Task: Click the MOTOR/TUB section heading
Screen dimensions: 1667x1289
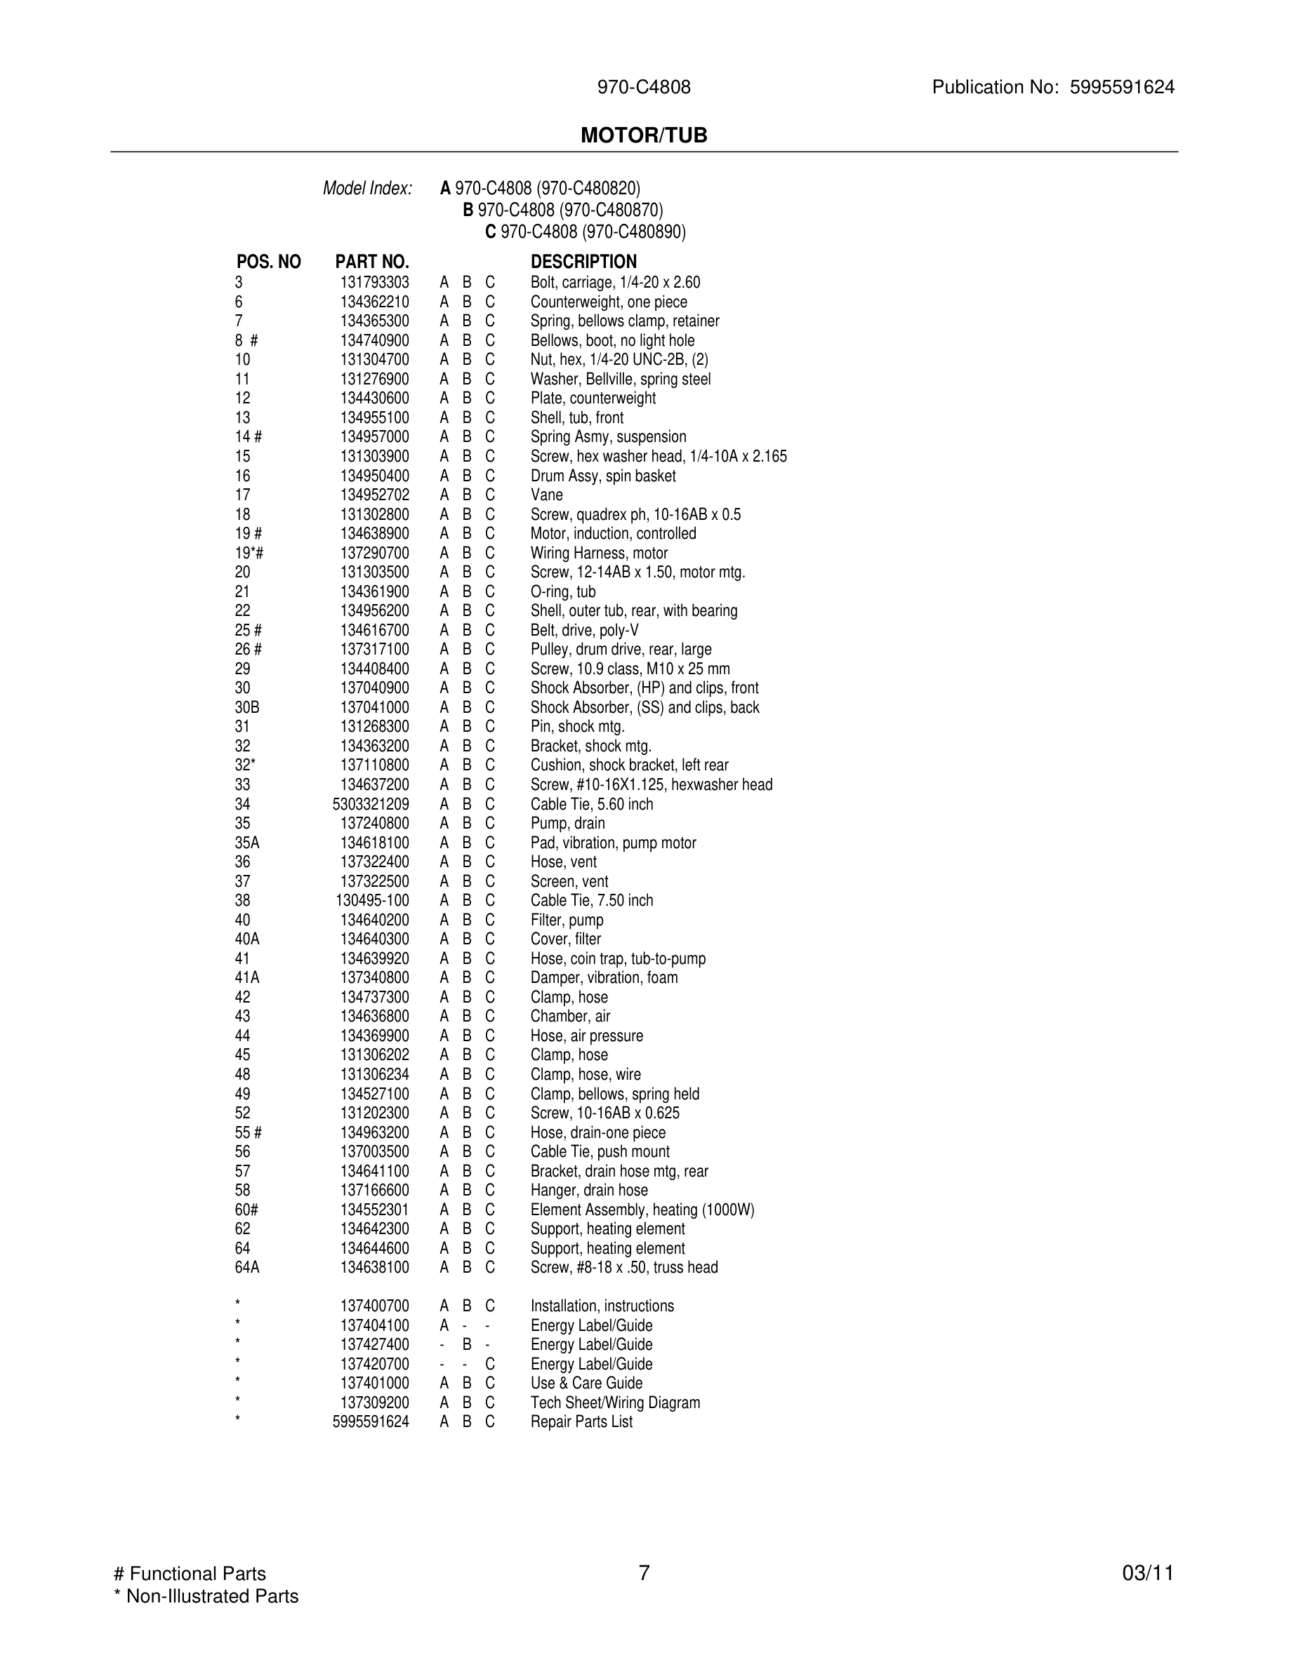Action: (644, 135)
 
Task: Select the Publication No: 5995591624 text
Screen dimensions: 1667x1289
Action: (1052, 87)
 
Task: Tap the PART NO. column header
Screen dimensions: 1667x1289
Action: (372, 262)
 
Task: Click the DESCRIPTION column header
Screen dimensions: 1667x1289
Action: (583, 262)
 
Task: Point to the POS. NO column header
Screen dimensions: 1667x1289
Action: (268, 262)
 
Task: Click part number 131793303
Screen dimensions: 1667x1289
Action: (374, 283)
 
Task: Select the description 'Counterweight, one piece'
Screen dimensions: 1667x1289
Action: (609, 302)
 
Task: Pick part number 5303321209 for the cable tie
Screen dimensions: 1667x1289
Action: (371, 805)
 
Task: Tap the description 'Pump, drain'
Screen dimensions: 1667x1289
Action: (567, 824)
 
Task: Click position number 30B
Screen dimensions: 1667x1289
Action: (246, 707)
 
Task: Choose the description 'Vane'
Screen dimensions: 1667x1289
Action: (547, 495)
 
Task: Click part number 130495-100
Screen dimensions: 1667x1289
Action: (372, 901)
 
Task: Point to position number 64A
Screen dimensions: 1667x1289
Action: (246, 1268)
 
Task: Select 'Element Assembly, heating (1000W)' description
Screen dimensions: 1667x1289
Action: (642, 1210)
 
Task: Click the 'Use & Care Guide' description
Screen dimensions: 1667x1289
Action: (586, 1383)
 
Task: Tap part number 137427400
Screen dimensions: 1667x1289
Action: (374, 1345)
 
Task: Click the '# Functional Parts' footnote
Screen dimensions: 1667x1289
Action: (190, 1574)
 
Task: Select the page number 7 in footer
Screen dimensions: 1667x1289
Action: (644, 1573)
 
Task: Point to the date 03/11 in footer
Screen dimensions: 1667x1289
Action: (1148, 1574)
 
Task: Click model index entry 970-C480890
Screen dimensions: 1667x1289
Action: (592, 232)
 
